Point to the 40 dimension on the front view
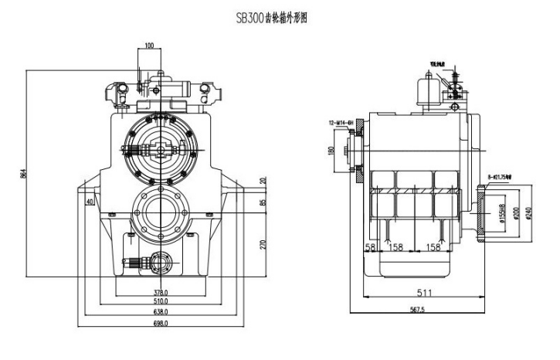pyautogui.click(x=90, y=202)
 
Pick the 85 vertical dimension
pyautogui.click(x=263, y=203)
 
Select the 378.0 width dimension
pyautogui.click(x=161, y=292)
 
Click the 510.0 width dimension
pyautogui.click(x=161, y=301)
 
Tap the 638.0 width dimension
pyautogui.click(x=161, y=311)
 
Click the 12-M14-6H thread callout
pyautogui.click(x=341, y=123)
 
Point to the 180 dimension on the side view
pyautogui.click(x=331, y=150)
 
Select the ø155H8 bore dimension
pyautogui.click(x=503, y=210)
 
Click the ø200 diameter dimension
pyautogui.click(x=517, y=210)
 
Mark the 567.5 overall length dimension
pyautogui.click(x=419, y=311)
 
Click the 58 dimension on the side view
pyautogui.click(x=370, y=248)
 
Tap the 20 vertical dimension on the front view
pyautogui.click(x=263, y=181)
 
